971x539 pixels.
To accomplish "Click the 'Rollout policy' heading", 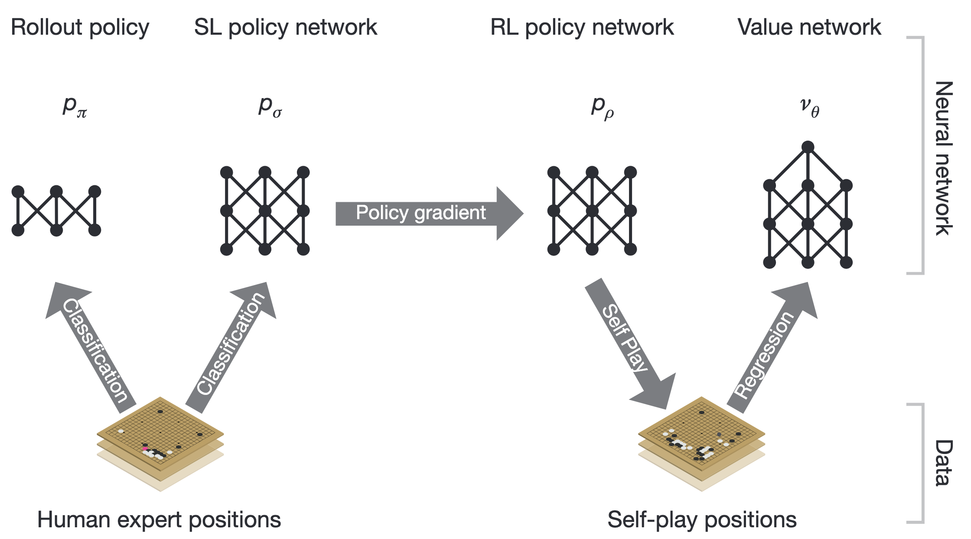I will tap(80, 28).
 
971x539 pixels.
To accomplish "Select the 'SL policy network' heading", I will tap(285, 28).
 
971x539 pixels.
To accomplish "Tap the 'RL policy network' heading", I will tap(582, 28).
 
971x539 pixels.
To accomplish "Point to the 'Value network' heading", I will tap(809, 28).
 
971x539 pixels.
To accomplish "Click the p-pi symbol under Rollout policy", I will tap(75, 106).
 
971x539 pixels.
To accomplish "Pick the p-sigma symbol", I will tap(270, 106).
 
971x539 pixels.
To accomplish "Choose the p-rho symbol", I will tap(603, 106).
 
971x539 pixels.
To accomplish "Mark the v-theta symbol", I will tap(809, 107).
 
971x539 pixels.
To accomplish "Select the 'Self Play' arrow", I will tap(629, 343).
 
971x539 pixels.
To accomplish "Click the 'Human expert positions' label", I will tap(159, 519).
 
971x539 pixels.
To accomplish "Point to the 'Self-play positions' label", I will tap(702, 519).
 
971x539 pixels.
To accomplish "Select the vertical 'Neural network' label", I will tap(943, 158).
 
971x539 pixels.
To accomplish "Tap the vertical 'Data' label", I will tap(943, 463).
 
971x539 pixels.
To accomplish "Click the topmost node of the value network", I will tap(808, 147).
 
